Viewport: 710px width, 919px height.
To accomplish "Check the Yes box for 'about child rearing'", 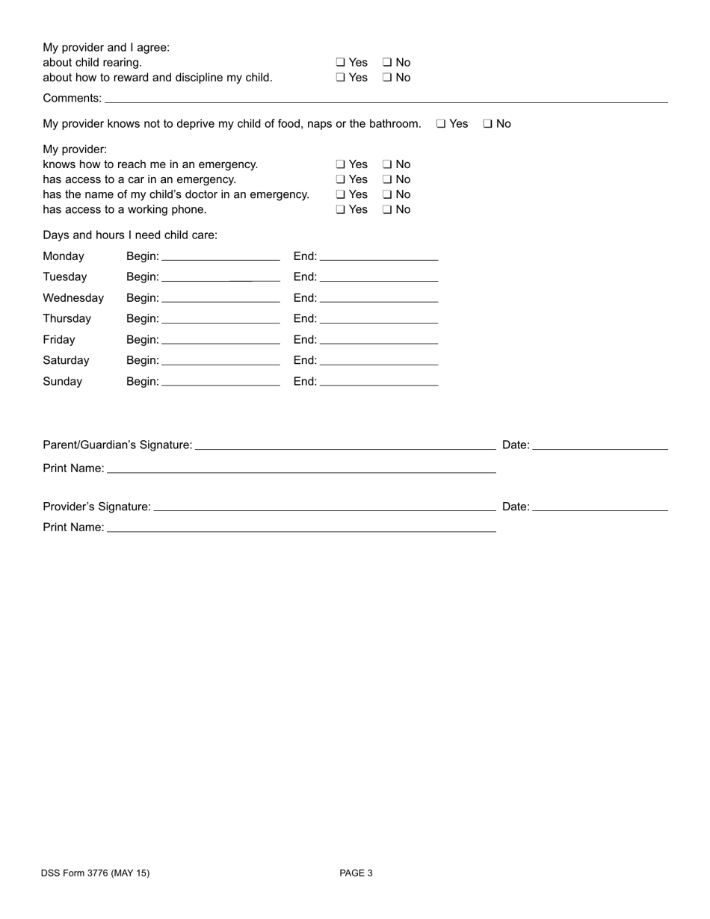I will (x=340, y=63).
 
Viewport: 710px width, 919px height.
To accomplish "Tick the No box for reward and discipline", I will (x=387, y=78).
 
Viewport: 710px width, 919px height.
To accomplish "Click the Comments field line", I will (x=386, y=98).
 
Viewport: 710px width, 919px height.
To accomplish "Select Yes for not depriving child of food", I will (x=441, y=124).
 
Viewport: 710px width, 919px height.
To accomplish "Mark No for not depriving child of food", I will (x=487, y=124).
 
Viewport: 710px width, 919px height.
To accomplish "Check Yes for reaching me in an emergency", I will (x=340, y=164).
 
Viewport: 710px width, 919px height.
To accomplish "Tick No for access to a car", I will (x=387, y=179).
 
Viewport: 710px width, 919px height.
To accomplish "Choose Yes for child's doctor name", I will (x=340, y=194).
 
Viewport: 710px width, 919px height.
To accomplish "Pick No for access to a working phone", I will (x=387, y=210).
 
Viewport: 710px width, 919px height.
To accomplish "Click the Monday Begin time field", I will (x=220, y=256).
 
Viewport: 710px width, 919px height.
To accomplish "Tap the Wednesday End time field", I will (x=378, y=298).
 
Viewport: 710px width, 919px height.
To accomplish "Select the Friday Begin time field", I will (x=220, y=340).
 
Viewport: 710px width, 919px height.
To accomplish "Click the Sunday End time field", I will (x=378, y=382).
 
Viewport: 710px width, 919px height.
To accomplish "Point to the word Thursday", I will (x=67, y=319).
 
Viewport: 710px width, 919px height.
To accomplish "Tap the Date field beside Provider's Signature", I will (x=600, y=507).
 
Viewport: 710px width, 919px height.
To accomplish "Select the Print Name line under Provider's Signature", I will (x=301, y=527).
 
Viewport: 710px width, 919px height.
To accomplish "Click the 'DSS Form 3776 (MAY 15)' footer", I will (x=96, y=873).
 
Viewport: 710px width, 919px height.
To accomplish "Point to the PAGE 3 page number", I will (x=356, y=873).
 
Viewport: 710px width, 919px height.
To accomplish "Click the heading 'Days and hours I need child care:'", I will (x=130, y=235).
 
